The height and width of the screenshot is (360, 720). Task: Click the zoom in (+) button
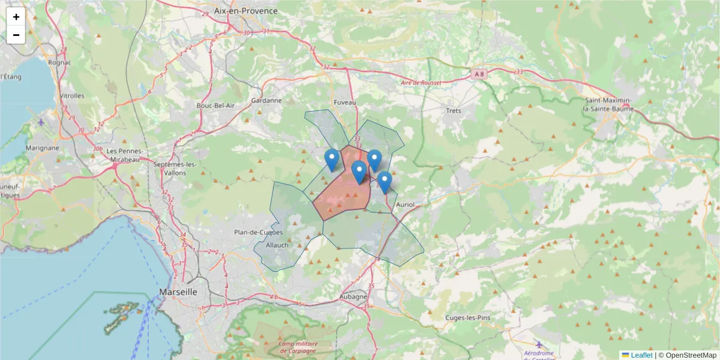(x=16, y=17)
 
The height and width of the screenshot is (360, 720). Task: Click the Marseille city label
(x=178, y=292)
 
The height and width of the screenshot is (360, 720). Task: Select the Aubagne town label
(x=353, y=296)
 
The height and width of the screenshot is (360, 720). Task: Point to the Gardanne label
(x=266, y=101)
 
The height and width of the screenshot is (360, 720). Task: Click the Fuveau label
(x=344, y=103)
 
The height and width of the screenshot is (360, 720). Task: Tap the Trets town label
(x=453, y=110)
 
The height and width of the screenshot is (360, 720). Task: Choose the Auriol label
(x=405, y=205)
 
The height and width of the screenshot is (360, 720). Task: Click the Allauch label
(x=277, y=245)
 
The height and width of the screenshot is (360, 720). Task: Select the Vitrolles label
(x=72, y=96)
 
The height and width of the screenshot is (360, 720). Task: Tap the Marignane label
(x=42, y=148)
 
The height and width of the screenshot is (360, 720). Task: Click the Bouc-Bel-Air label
(x=215, y=106)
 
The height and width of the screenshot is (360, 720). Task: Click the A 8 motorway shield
(x=478, y=74)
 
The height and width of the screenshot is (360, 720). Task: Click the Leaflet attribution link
(x=641, y=355)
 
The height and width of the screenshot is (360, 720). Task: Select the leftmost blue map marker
(x=332, y=160)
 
